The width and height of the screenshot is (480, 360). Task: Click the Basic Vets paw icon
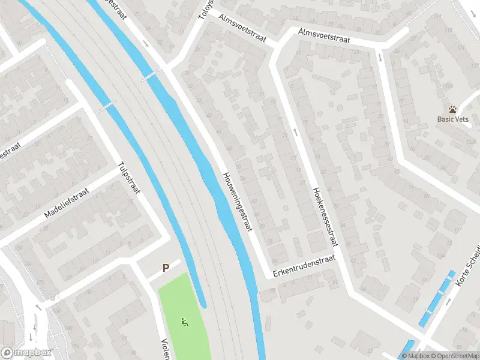[453, 109]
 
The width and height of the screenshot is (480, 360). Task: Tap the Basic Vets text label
[452, 119]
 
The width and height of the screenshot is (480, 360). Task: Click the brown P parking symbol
[166, 268]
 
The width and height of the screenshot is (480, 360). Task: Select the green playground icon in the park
[184, 322]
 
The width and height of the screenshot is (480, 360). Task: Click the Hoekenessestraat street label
[325, 216]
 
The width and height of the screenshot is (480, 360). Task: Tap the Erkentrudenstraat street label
[301, 266]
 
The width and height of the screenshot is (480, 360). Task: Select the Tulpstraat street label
[129, 178]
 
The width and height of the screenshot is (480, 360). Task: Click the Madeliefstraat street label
[67, 203]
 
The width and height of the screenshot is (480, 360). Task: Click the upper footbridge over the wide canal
[151, 75]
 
